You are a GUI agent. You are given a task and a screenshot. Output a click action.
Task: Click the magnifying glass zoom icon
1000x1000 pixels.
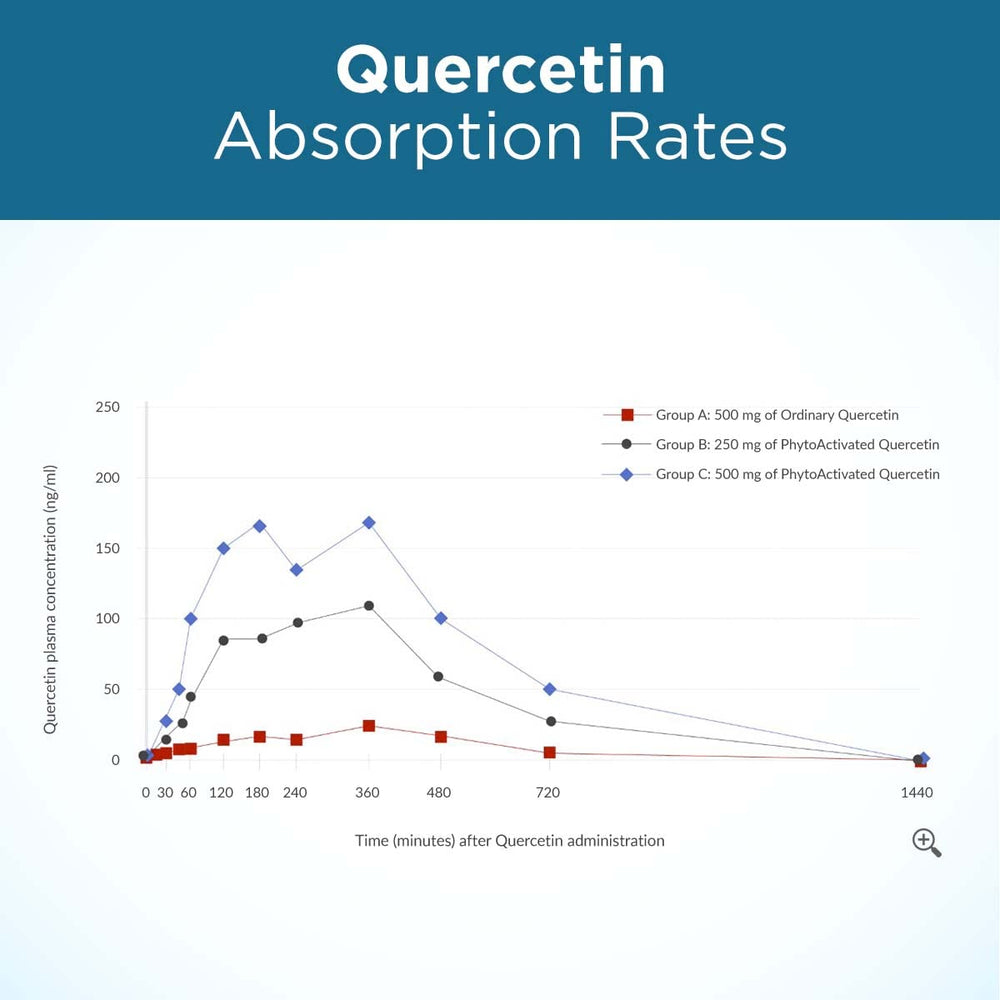[x=926, y=842]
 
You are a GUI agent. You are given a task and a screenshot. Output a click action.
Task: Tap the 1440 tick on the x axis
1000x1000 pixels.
[x=916, y=793]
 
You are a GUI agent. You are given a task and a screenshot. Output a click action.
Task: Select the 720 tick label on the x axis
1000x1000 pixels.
[x=548, y=793]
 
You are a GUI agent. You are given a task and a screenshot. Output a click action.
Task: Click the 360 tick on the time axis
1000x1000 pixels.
[x=367, y=793]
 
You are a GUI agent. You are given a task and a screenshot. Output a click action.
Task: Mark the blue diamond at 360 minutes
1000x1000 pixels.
[x=369, y=523]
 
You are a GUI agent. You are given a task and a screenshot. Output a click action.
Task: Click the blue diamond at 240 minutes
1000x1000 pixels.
[x=296, y=570]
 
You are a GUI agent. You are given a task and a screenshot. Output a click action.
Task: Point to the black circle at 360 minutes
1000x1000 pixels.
[x=369, y=606]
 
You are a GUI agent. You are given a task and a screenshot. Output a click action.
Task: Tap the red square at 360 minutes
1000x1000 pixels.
[x=369, y=726]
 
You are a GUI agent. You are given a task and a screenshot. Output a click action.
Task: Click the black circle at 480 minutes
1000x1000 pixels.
[x=438, y=677]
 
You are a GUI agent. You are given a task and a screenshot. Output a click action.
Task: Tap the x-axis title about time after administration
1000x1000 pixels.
[x=510, y=841]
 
